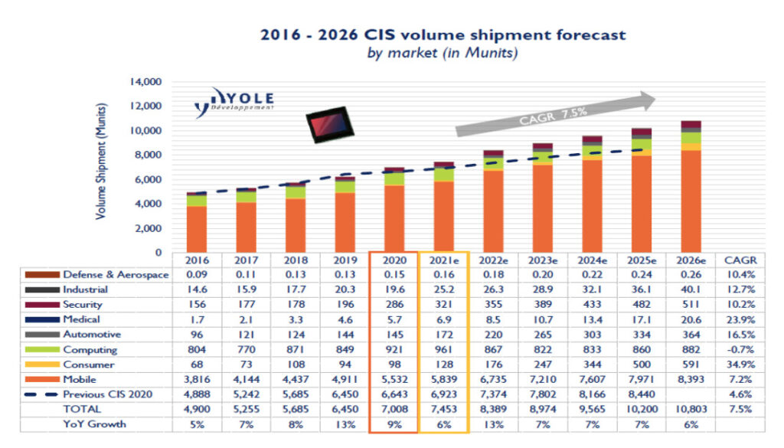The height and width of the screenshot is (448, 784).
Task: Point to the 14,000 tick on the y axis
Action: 145,82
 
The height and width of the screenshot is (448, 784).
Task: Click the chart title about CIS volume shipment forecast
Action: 443,35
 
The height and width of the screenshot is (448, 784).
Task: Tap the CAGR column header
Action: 740,260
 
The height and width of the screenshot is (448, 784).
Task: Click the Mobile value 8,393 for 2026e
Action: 690,380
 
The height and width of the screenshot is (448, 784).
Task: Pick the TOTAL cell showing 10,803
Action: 690,410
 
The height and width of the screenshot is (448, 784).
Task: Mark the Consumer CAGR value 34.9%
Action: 740,365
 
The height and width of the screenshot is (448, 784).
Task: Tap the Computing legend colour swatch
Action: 43,350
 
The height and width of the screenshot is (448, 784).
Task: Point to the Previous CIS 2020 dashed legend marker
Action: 43,395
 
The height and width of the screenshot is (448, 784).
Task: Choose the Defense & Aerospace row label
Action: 116,275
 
